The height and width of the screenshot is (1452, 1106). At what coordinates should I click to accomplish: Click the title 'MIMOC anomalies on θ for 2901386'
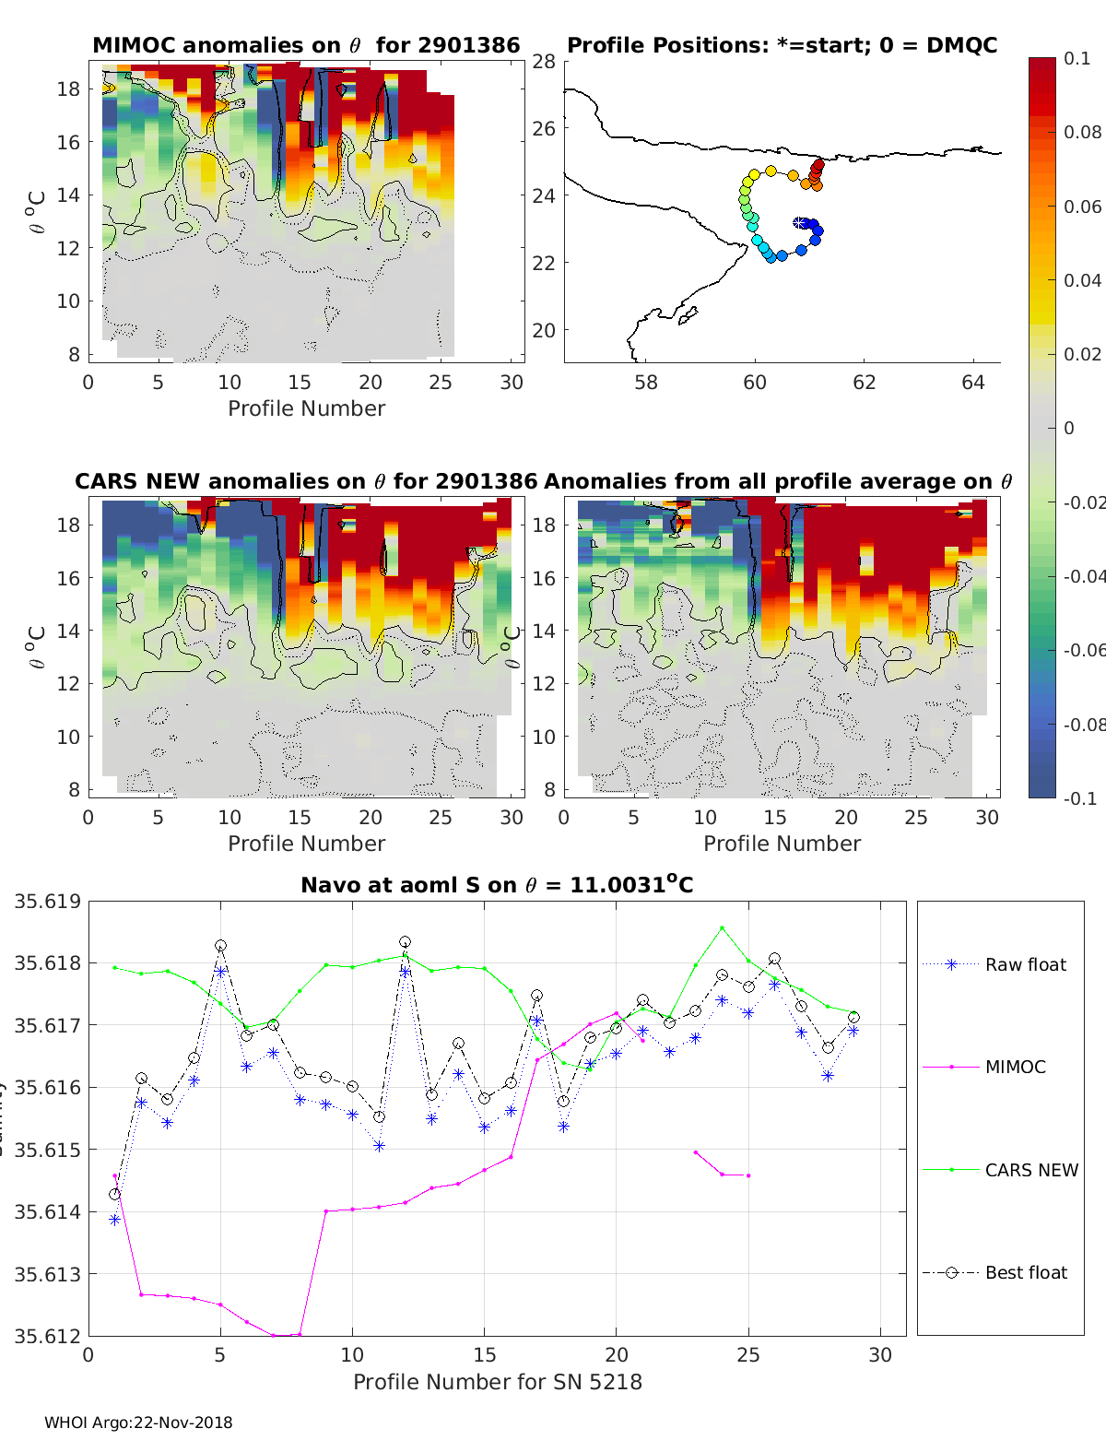pyautogui.click(x=306, y=45)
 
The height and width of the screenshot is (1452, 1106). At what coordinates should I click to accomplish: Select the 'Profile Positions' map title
pyautogui.click(x=782, y=45)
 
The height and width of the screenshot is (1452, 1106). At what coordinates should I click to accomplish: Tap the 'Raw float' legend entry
pyautogui.click(x=1025, y=964)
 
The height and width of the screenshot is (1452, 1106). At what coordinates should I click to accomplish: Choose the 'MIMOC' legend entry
pyautogui.click(x=1015, y=1067)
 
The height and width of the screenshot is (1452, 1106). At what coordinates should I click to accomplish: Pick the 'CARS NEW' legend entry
pyautogui.click(x=1030, y=1170)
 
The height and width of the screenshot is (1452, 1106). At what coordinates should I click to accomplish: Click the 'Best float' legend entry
pyautogui.click(x=1025, y=1272)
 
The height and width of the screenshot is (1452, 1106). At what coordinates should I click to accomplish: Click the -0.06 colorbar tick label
pyautogui.click(x=1083, y=650)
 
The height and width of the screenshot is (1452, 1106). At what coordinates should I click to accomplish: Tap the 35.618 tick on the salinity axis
pyautogui.click(x=47, y=963)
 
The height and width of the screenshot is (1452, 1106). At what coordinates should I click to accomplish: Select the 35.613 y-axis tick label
pyautogui.click(x=47, y=1274)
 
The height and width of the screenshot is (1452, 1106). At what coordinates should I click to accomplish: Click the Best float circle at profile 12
pyautogui.click(x=405, y=942)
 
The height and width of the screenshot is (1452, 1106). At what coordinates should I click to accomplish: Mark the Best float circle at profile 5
pyautogui.click(x=220, y=946)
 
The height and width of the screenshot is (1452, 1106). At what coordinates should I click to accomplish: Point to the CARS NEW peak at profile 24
pyautogui.click(x=722, y=928)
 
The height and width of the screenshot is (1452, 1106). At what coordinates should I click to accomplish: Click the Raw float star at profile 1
pyautogui.click(x=114, y=1219)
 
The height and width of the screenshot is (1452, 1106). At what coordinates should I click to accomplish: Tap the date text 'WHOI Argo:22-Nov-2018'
pyautogui.click(x=138, y=1422)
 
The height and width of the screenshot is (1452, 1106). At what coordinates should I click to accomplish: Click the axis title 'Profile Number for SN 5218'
pyautogui.click(x=497, y=1382)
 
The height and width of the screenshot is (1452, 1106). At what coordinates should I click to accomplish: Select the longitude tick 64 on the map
pyautogui.click(x=973, y=382)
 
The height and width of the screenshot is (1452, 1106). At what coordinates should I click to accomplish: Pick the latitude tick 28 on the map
pyautogui.click(x=544, y=62)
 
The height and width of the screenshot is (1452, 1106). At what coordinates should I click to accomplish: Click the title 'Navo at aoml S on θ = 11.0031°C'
pyautogui.click(x=497, y=885)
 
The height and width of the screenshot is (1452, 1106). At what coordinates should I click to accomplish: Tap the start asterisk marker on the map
pyautogui.click(x=799, y=223)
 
